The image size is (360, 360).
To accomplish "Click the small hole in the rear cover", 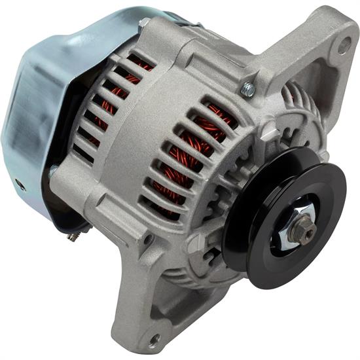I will [21, 185].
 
